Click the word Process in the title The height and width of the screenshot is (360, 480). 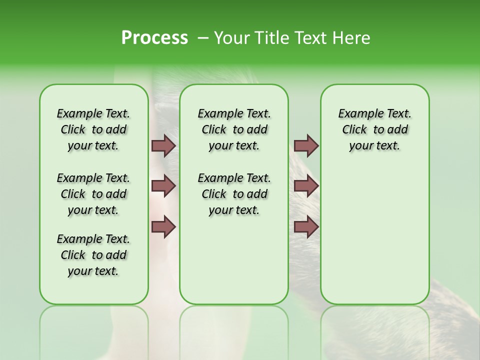(x=154, y=38)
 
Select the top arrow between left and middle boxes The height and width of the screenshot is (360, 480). (x=163, y=145)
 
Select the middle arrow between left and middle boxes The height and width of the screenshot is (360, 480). (x=163, y=186)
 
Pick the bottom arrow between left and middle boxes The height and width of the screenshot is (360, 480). (x=163, y=227)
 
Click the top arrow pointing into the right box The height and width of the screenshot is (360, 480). (x=306, y=145)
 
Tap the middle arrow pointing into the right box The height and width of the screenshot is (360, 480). (x=306, y=186)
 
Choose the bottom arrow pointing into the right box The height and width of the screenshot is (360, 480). (x=306, y=227)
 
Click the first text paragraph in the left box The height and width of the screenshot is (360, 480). (x=93, y=129)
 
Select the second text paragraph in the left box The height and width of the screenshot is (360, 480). (x=93, y=194)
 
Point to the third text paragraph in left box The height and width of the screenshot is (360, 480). (x=93, y=255)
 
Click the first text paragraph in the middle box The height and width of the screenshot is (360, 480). (x=234, y=129)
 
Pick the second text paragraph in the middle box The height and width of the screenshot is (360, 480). (x=234, y=194)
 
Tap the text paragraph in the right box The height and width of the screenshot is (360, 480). (x=374, y=129)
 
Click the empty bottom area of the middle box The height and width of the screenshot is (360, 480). (x=234, y=265)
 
